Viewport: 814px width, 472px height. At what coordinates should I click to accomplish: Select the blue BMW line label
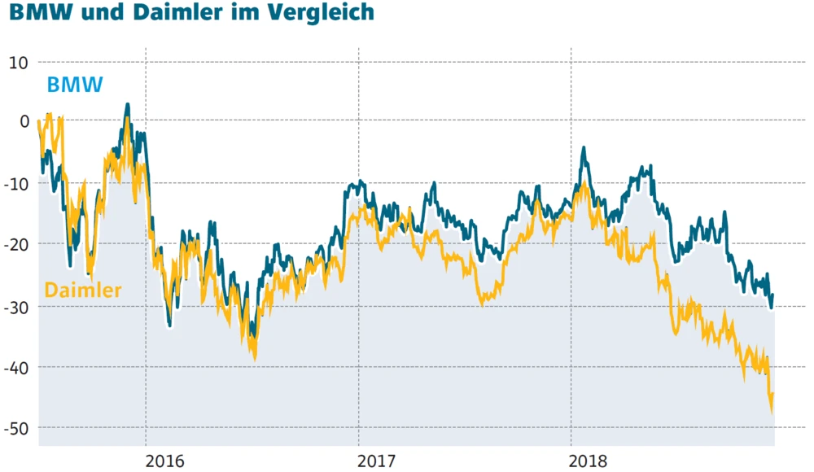(75, 85)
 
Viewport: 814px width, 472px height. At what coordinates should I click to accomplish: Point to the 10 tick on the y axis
(19, 63)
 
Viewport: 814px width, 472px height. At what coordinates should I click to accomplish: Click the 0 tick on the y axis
(24, 123)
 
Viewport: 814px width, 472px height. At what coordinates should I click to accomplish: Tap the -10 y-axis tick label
(17, 184)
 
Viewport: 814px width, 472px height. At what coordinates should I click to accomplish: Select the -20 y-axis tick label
(17, 245)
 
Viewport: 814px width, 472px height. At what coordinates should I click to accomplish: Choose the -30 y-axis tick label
(17, 306)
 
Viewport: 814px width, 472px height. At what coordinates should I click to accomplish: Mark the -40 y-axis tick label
(17, 367)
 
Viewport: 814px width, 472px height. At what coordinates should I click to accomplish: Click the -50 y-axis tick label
(17, 428)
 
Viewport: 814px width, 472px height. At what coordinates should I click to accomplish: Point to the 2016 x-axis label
(165, 461)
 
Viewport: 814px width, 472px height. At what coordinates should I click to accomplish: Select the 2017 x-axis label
(378, 461)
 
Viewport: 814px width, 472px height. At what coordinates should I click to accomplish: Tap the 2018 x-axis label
(590, 461)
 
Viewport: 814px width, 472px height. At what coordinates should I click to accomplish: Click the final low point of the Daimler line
(771, 411)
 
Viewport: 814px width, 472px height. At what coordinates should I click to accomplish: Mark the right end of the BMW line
(772, 295)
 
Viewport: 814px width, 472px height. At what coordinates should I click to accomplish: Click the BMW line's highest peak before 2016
(127, 105)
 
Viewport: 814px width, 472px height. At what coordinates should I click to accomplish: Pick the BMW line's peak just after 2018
(583, 150)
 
